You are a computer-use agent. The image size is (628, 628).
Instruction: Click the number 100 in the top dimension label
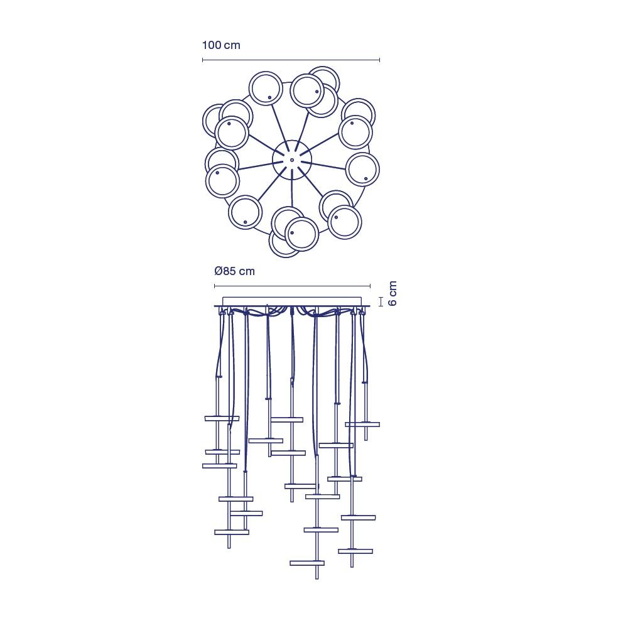pyautogui.click(x=212, y=45)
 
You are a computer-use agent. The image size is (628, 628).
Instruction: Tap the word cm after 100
pyautogui.click(x=232, y=46)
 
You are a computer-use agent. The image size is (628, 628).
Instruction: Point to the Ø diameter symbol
pyautogui.click(x=219, y=271)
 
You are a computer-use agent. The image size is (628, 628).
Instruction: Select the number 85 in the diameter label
pyautogui.click(x=229, y=271)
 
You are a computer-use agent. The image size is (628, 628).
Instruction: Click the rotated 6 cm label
pyautogui.click(x=392, y=293)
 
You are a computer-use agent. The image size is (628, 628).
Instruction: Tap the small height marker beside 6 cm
pyautogui.click(x=381, y=301)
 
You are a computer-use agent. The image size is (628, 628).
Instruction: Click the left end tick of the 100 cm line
pyautogui.click(x=203, y=60)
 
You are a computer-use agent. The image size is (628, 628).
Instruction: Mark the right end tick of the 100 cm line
pyautogui.click(x=379, y=60)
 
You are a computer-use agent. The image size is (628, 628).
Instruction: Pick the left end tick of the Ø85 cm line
pyautogui.click(x=215, y=286)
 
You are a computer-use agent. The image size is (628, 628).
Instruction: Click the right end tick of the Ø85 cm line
pyautogui.click(x=370, y=286)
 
